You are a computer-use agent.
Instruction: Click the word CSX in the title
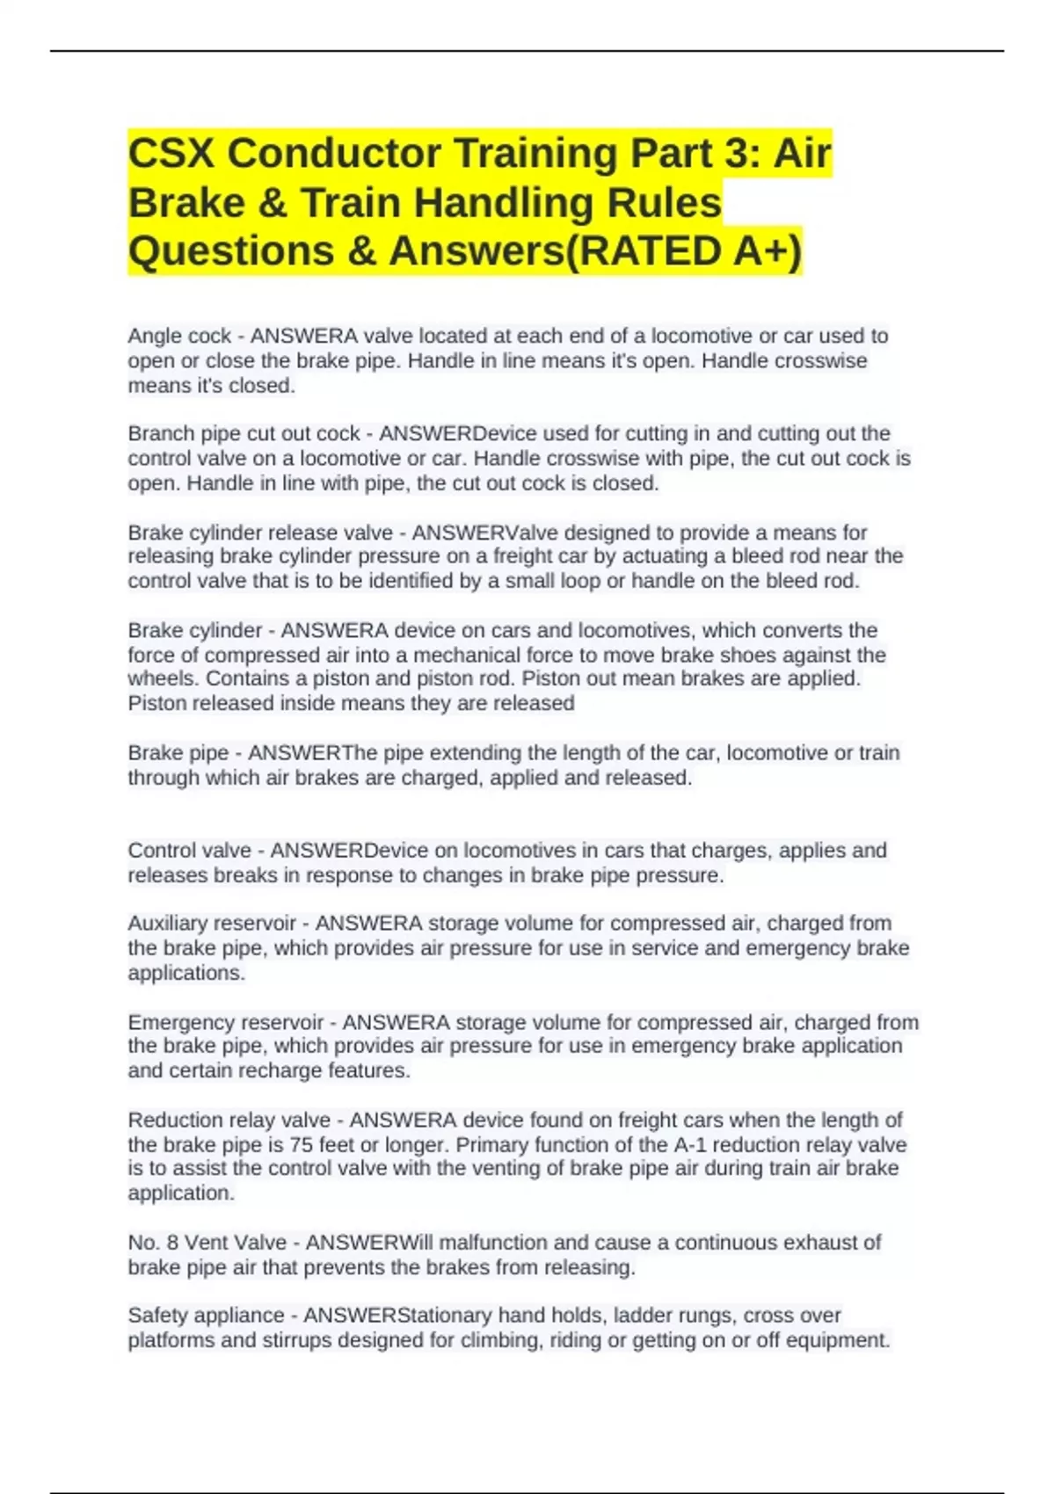[171, 154]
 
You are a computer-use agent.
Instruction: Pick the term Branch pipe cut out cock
[244, 433]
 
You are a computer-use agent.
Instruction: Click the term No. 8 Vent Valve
[207, 1243]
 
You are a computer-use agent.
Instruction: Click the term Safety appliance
[206, 1316]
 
